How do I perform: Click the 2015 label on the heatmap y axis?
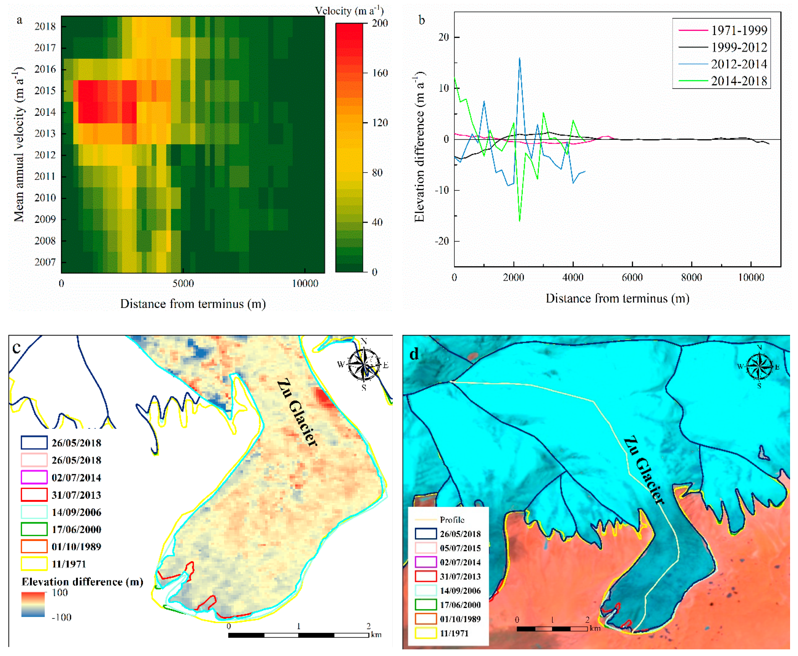point(45,91)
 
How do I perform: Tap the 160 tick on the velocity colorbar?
point(380,73)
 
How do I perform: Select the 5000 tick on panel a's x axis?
point(183,283)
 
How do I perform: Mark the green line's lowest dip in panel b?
point(519,221)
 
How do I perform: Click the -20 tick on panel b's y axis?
point(441,241)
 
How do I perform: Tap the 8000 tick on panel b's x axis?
point(691,277)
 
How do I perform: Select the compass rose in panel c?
point(363,364)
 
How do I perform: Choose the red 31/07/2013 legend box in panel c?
point(34,495)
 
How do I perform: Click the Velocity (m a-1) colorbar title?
point(349,11)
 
